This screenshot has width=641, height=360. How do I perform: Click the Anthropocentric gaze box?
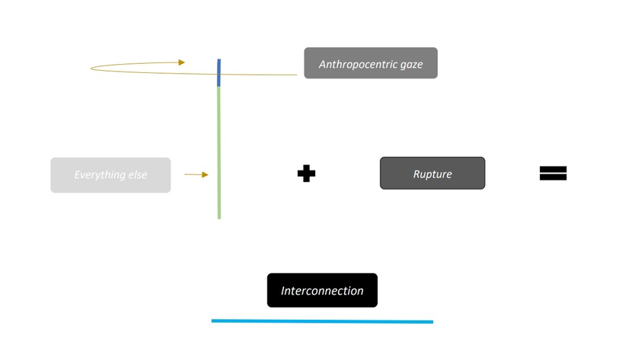click(x=371, y=63)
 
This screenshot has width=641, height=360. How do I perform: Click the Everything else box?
click(x=110, y=175)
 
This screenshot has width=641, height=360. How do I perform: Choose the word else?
click(x=138, y=175)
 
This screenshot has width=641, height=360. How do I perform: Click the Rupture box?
click(x=432, y=174)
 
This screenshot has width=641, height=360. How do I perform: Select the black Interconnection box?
click(x=322, y=290)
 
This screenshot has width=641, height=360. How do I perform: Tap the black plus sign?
click(x=306, y=174)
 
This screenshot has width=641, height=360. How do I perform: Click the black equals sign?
click(x=553, y=174)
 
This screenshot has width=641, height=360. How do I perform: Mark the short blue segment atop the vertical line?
click(x=218, y=73)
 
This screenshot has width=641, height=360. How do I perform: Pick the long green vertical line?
click(x=219, y=152)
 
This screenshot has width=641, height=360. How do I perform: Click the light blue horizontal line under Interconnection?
click(x=322, y=321)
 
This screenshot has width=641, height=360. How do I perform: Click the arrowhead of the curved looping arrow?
click(x=181, y=62)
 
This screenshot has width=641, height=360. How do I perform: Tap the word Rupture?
click(x=432, y=174)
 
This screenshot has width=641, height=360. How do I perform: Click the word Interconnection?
click(x=322, y=291)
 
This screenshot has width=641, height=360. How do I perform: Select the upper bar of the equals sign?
click(x=553, y=169)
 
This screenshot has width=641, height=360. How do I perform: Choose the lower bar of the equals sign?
click(x=553, y=178)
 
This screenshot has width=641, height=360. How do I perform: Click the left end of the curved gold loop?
click(x=92, y=68)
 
